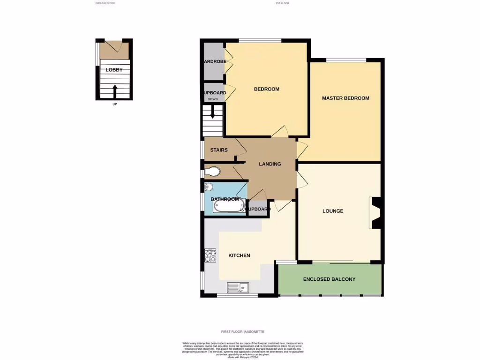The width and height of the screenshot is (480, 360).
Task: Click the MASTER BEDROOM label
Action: (345, 98)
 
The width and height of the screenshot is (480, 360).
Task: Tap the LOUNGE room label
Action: (333, 211)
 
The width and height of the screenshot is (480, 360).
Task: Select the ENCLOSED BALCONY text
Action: (329, 279)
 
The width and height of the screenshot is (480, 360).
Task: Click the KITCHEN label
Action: (239, 255)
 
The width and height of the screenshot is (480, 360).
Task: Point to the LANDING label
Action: (270, 164)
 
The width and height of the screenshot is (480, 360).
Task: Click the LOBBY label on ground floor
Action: (114, 70)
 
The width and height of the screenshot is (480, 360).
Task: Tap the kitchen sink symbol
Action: (238, 287)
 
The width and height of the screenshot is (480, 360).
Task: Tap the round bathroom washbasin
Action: (209, 187)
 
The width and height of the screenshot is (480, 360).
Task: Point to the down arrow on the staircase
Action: (213, 112)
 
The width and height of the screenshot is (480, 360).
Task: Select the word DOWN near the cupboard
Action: (213, 99)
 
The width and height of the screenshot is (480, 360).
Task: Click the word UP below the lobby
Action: (115, 104)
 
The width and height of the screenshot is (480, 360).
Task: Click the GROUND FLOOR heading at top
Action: (105, 3)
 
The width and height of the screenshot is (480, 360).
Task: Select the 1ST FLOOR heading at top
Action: (282, 3)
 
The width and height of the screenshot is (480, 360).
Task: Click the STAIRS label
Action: (219, 150)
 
